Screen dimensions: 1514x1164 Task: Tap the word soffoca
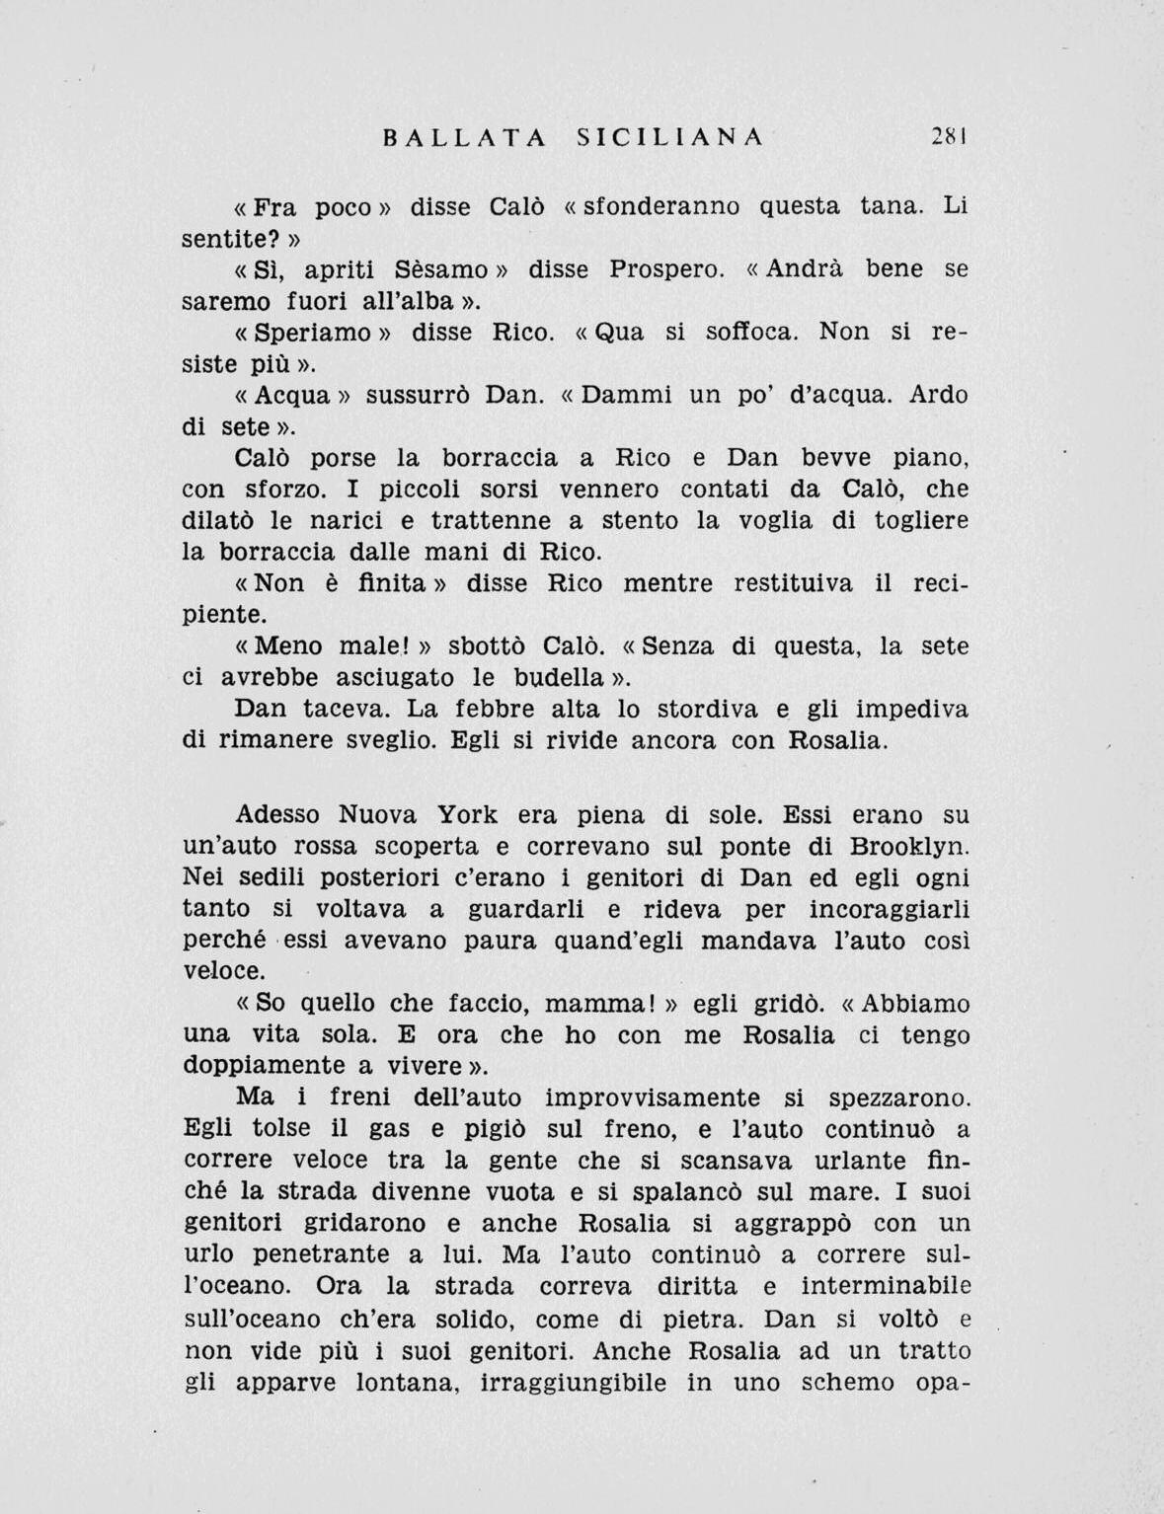click(x=751, y=333)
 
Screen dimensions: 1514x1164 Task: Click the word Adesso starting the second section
click(x=278, y=815)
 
